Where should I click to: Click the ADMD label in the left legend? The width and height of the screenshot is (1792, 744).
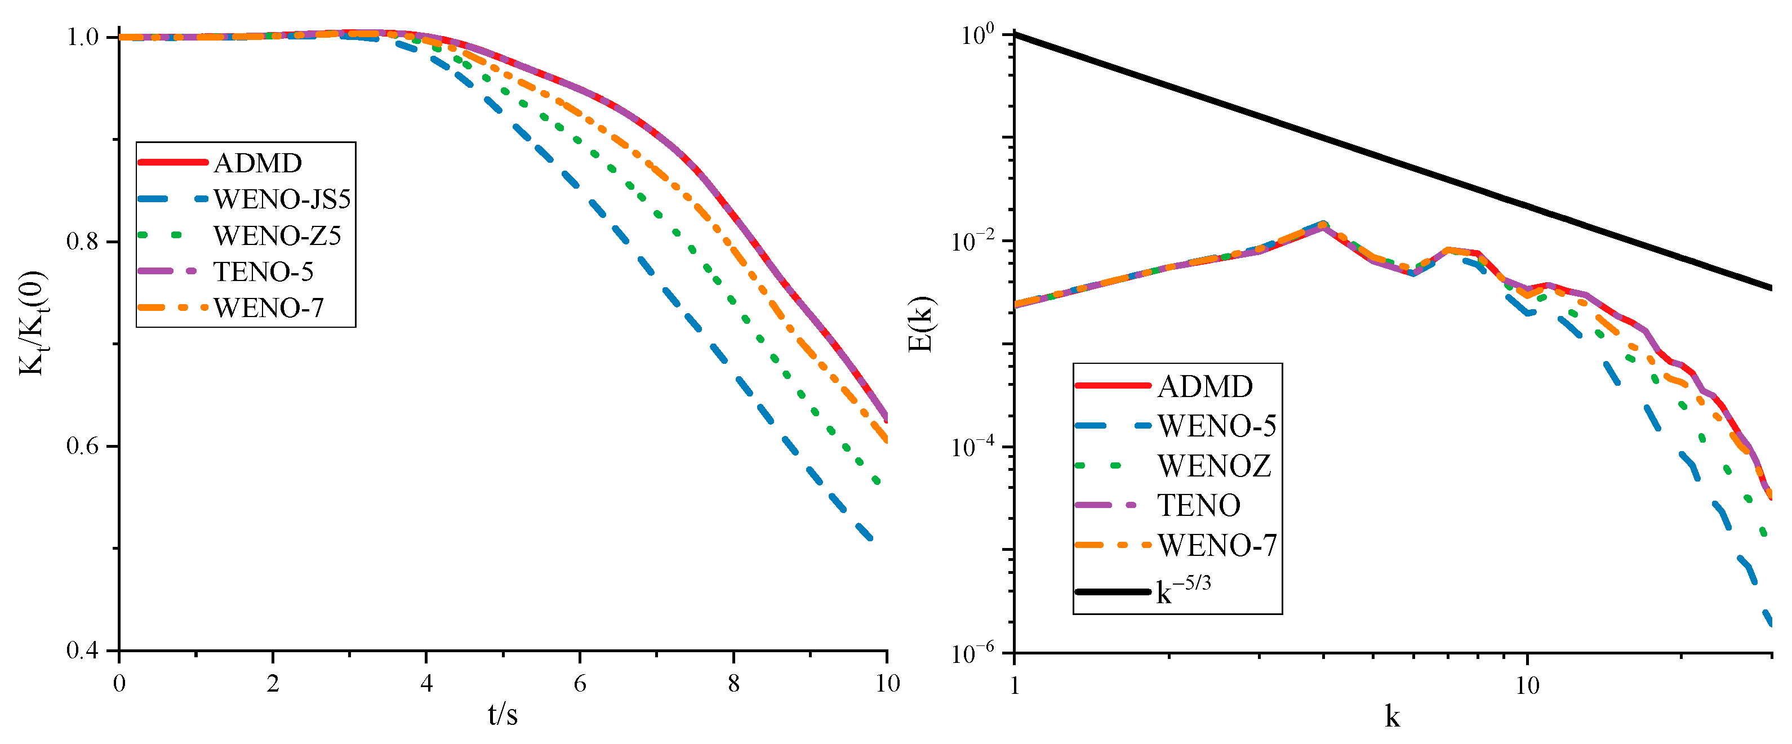[x=257, y=163]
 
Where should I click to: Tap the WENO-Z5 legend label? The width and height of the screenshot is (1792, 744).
[x=277, y=236]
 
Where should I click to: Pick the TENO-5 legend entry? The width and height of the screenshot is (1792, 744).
[x=263, y=272]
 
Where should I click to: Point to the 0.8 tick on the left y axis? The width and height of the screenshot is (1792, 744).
[x=83, y=242]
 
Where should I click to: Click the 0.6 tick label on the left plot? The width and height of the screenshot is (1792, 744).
[x=83, y=447]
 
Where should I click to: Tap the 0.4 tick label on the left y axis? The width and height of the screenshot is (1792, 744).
[x=83, y=651]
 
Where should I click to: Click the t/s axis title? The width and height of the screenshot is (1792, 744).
[x=503, y=715]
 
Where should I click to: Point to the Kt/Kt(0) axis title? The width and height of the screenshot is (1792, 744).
[x=32, y=323]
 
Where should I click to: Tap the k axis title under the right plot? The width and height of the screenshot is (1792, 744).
[x=1392, y=717]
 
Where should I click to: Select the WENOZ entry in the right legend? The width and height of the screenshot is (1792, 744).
[x=1214, y=466]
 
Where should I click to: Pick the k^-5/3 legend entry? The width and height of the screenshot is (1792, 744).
[x=1182, y=592]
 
